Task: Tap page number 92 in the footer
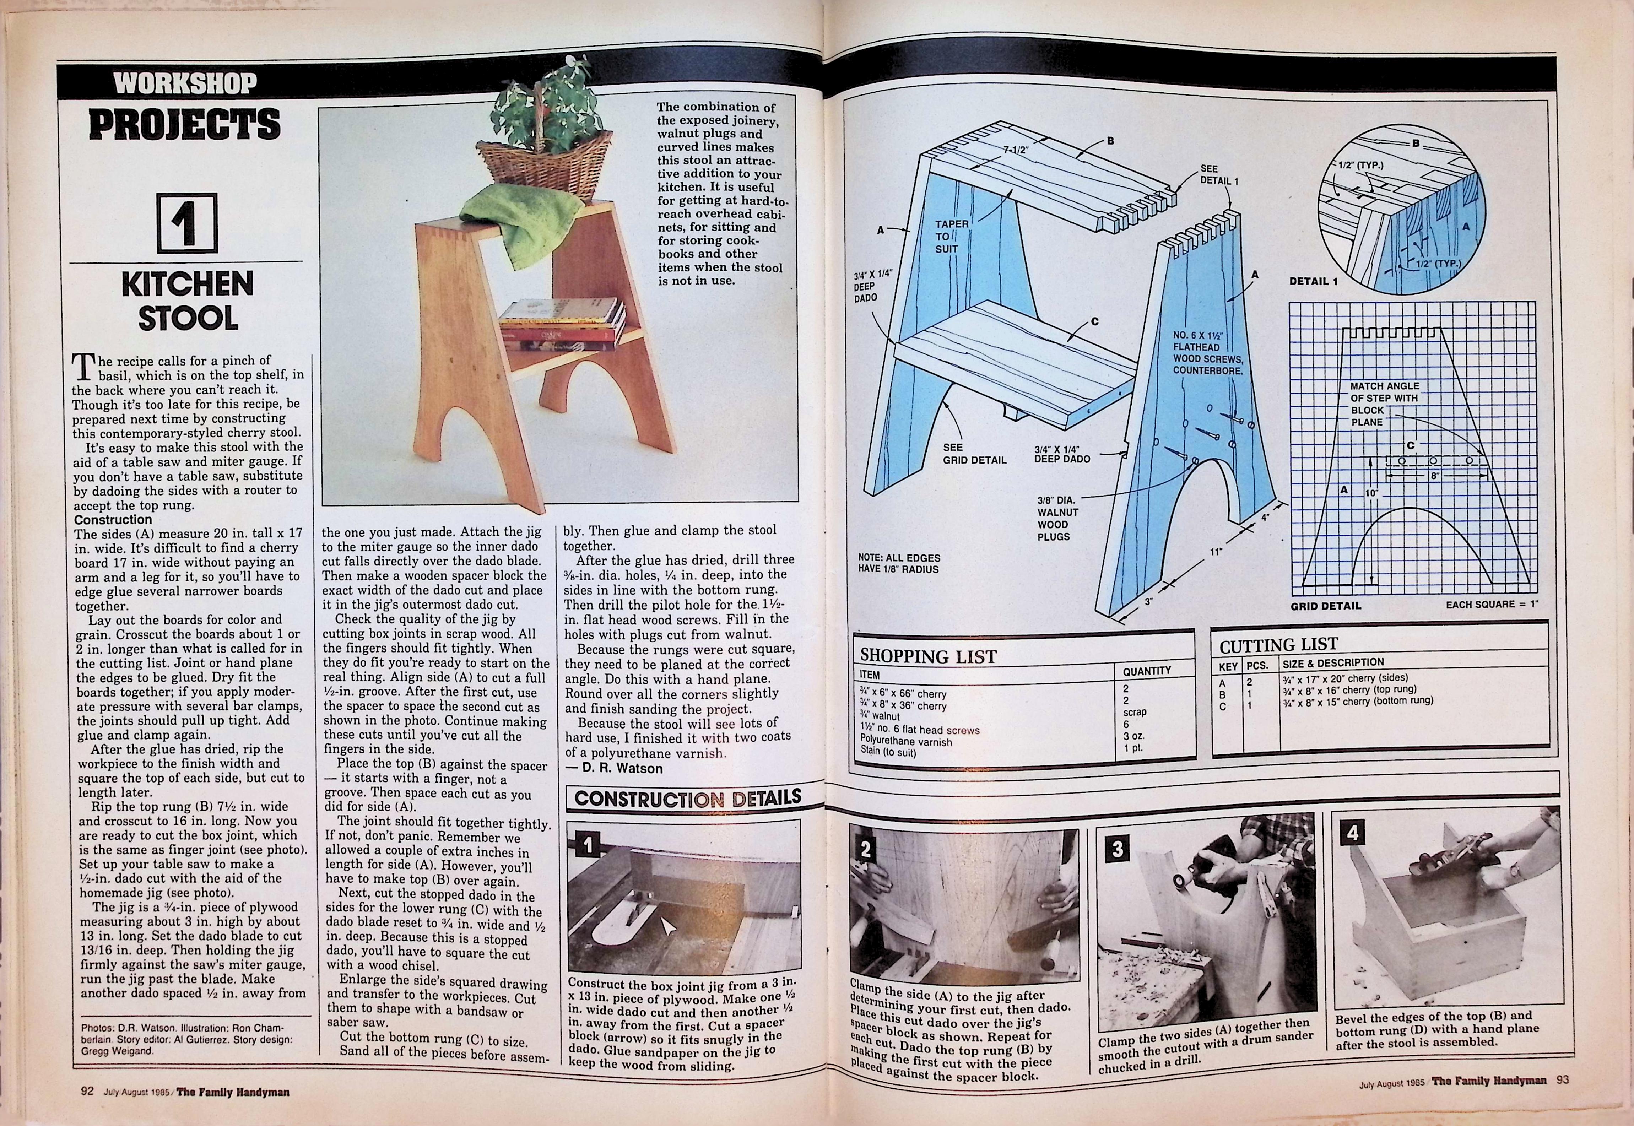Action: [87, 1091]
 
